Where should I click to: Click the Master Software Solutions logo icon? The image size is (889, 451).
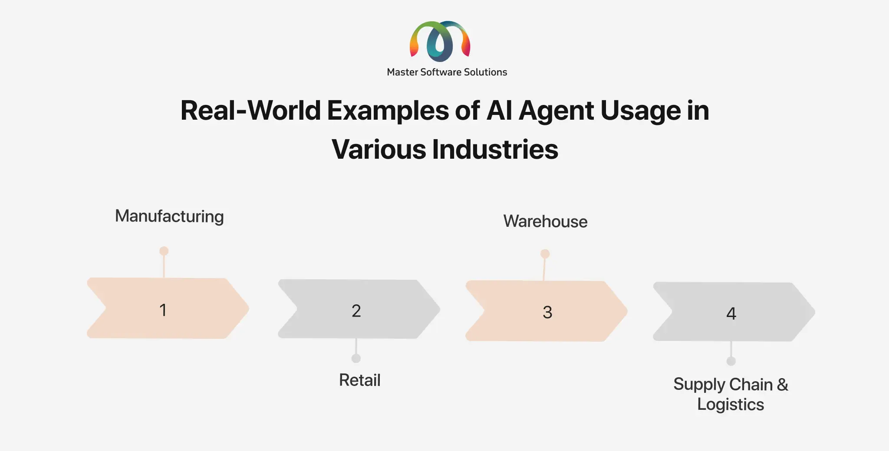[440, 41]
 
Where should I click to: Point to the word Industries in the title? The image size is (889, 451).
[495, 149]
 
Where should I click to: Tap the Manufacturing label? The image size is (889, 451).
[169, 216]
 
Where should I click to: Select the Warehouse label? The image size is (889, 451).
[545, 222]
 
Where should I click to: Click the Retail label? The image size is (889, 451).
[360, 380]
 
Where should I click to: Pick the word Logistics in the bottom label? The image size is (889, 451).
[731, 405]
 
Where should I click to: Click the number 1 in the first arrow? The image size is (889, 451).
[163, 310]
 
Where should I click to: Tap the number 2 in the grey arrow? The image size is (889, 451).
[356, 311]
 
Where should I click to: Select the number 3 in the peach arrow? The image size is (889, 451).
[547, 312]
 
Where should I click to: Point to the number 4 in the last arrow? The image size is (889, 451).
[731, 314]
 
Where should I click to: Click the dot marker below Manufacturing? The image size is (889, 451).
[164, 251]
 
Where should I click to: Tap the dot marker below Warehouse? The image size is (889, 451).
[545, 254]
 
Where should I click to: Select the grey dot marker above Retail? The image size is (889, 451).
[356, 358]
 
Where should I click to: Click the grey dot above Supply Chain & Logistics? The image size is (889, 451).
[731, 361]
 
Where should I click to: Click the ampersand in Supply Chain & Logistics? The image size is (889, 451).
[783, 385]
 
